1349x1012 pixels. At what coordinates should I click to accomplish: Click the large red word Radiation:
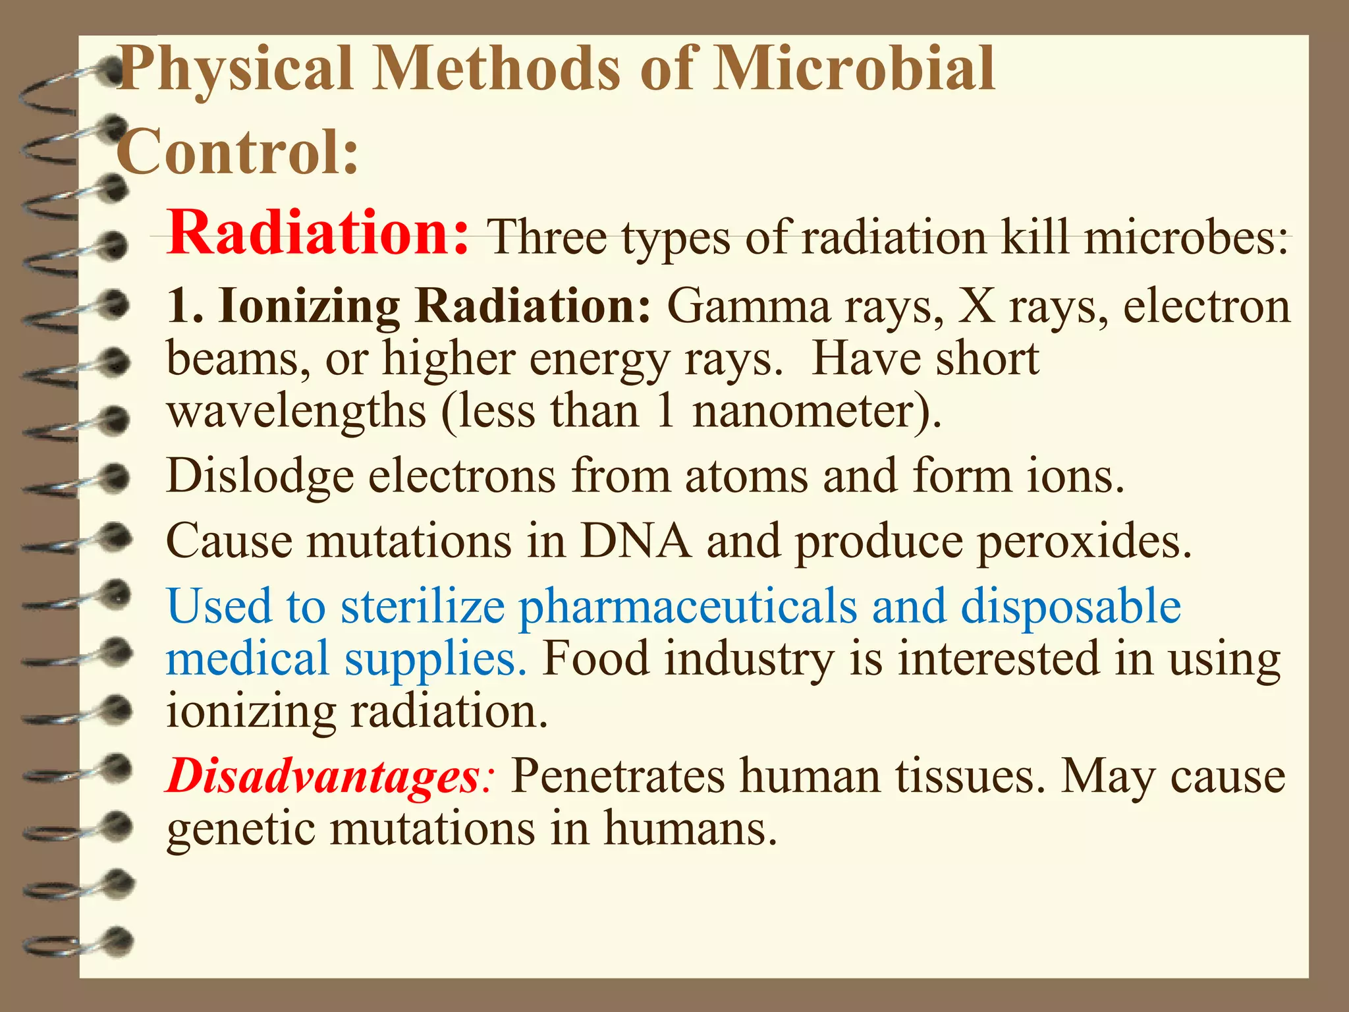click(317, 233)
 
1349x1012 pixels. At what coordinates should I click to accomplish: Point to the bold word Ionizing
click(309, 307)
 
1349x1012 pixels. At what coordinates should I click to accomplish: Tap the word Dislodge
click(260, 476)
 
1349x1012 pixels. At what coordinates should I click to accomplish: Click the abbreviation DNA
click(636, 541)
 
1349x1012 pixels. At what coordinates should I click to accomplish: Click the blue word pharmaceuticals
click(688, 607)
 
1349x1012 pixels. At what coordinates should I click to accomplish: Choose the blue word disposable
click(1070, 607)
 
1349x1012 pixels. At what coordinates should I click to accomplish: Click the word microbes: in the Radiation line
click(1186, 237)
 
